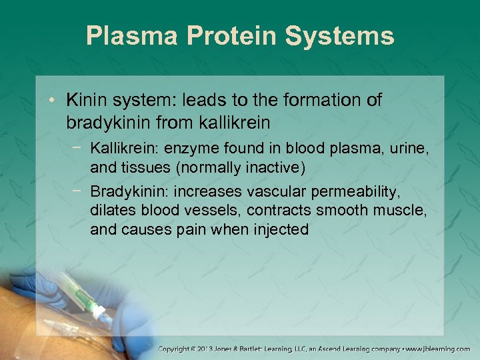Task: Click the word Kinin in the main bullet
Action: (x=87, y=101)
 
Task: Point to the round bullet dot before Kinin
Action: (x=55, y=101)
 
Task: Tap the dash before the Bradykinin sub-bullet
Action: (x=79, y=191)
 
